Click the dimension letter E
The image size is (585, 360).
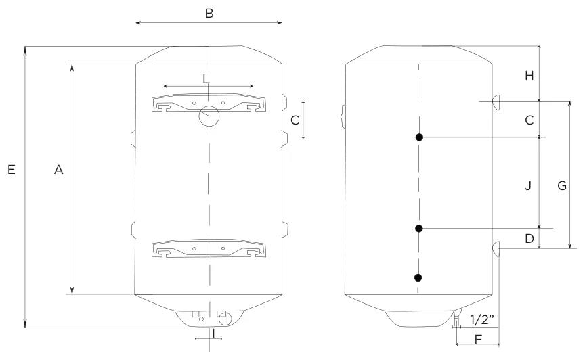(x=12, y=170)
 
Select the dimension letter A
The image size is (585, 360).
(x=59, y=170)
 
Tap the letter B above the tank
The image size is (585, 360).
(x=209, y=13)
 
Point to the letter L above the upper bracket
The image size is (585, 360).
(x=207, y=79)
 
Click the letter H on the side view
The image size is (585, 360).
(x=529, y=76)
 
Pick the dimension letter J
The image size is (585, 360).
(x=528, y=185)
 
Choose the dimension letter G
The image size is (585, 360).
(x=562, y=185)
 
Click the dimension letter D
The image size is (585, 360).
(x=529, y=238)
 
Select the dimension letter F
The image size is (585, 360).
(x=478, y=339)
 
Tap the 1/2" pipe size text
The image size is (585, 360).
(x=482, y=319)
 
